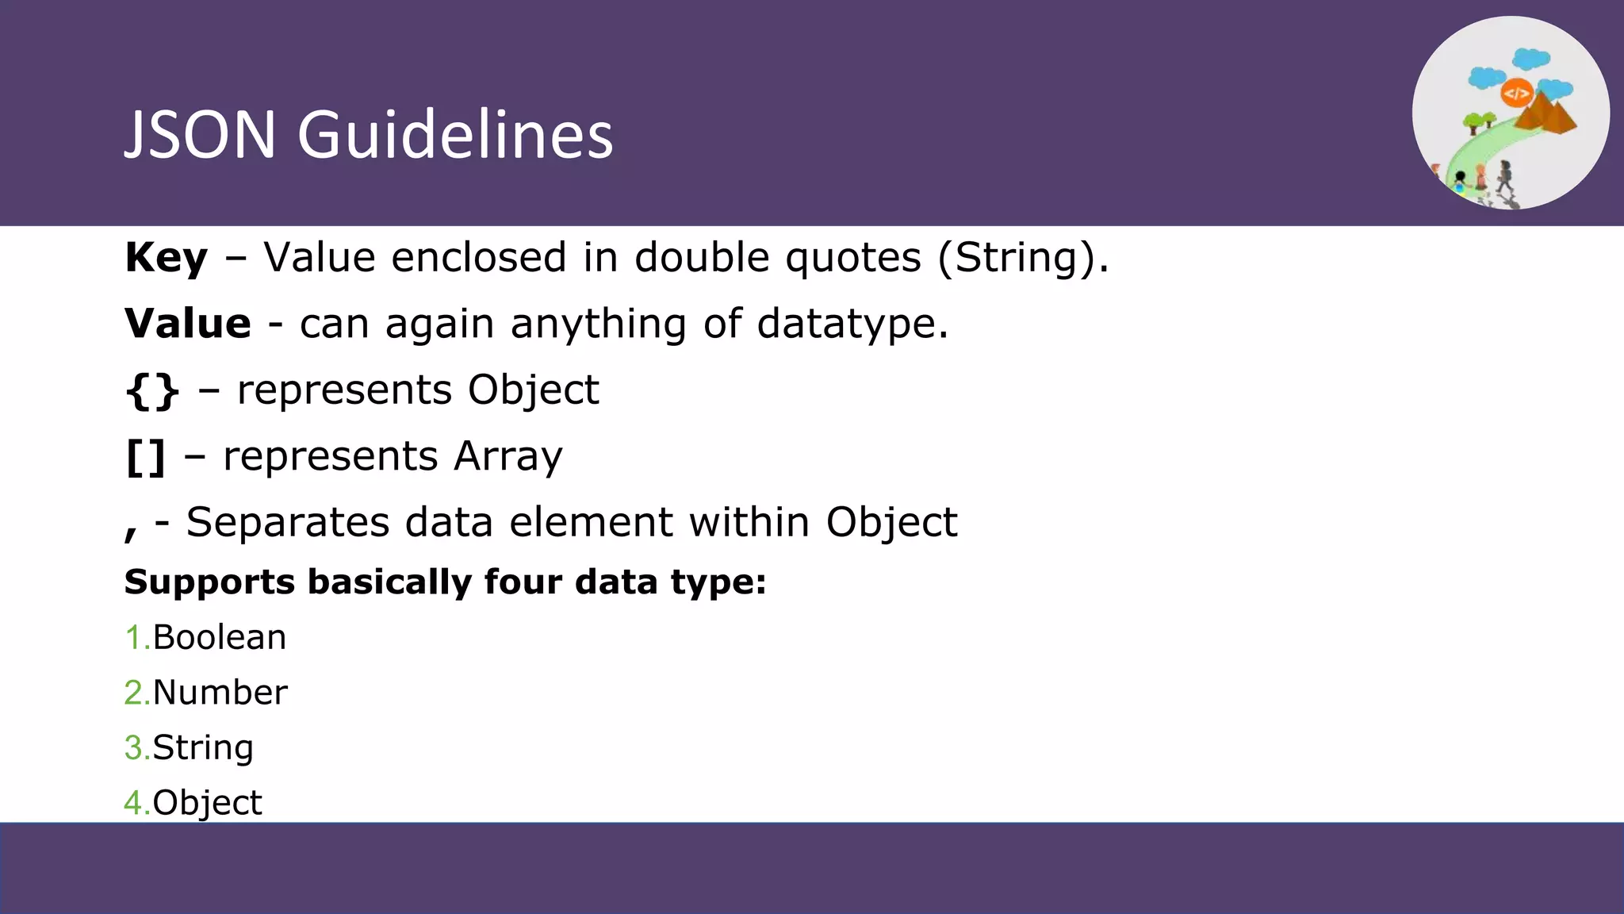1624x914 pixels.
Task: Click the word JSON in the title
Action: (200, 134)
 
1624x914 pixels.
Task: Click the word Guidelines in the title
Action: (455, 134)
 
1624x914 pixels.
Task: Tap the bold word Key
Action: (166, 258)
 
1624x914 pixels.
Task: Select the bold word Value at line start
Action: (188, 324)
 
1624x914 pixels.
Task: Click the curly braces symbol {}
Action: (152, 390)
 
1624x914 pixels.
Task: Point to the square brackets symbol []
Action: (146, 457)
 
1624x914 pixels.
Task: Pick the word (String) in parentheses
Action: (1023, 258)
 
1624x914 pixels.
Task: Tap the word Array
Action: (507, 457)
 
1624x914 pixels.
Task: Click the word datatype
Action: (852, 324)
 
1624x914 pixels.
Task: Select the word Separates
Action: (288, 523)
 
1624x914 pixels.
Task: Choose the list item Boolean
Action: (219, 637)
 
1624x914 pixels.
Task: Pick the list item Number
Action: (220, 692)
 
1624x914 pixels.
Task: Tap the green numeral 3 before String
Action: (132, 747)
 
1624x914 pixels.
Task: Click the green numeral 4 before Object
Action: (132, 803)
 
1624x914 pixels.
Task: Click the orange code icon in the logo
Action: (1515, 94)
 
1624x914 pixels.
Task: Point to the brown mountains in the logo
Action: (1546, 115)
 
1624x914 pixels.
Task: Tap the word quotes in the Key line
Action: (852, 258)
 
